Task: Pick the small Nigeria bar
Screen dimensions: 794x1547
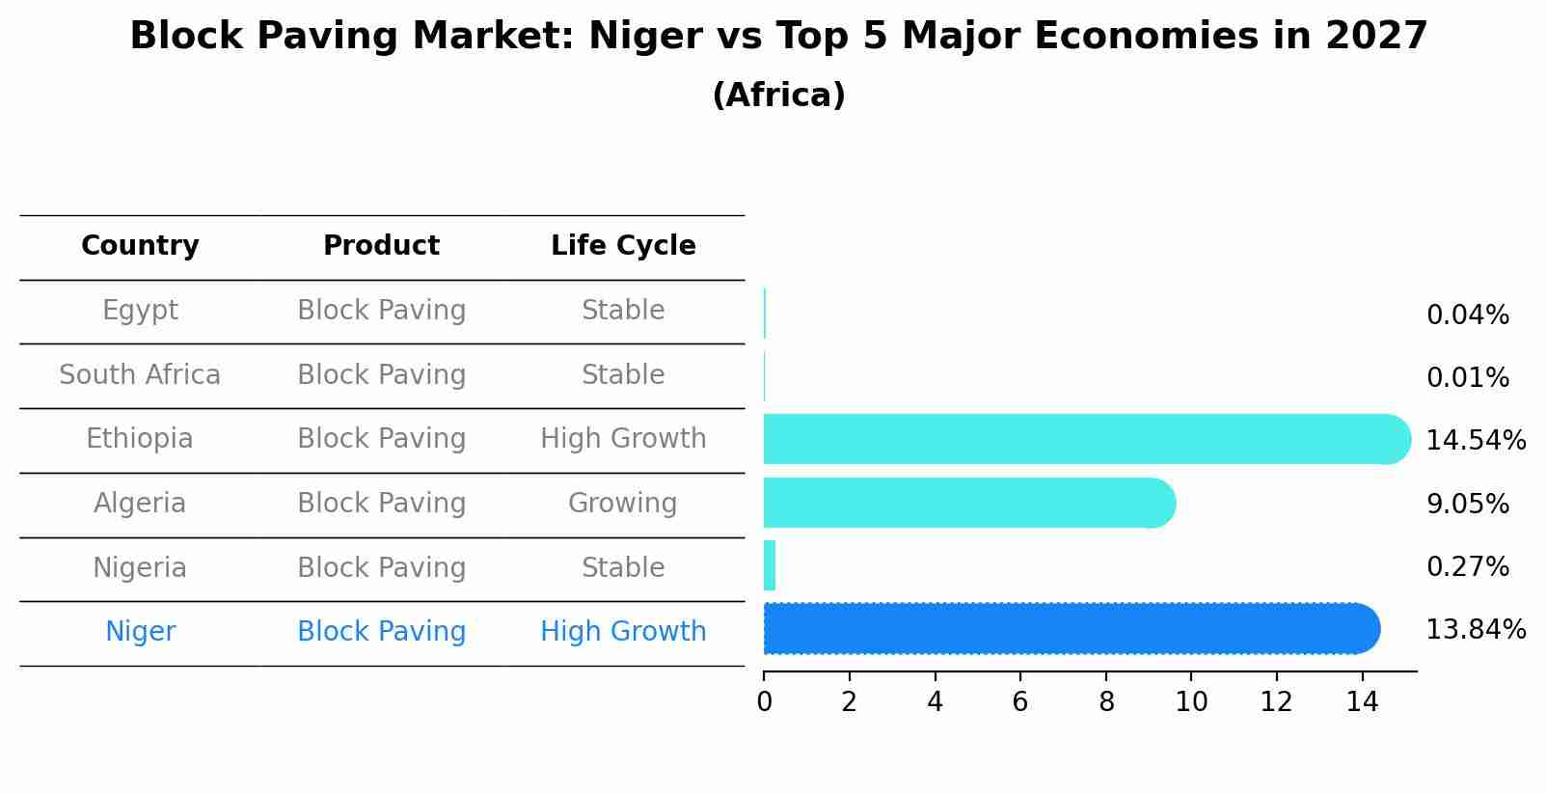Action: tap(770, 566)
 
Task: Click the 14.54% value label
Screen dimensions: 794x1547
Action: tap(1475, 441)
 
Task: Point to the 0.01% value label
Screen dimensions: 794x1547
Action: tap(1467, 378)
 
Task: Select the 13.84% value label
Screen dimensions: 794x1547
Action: tap(1475, 630)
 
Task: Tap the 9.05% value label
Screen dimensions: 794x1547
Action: tap(1467, 504)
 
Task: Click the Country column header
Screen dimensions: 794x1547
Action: tap(140, 246)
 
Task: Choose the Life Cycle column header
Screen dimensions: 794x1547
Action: tap(623, 246)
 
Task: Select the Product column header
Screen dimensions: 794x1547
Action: tap(381, 246)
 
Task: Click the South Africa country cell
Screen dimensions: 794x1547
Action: tap(140, 375)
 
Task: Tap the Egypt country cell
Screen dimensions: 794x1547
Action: tap(140, 311)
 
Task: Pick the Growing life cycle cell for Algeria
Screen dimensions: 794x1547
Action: tap(622, 504)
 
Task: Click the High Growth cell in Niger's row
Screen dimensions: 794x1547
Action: tap(623, 632)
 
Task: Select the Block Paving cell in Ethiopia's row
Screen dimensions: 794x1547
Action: tap(381, 439)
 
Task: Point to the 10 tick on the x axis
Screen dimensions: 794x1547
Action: tap(1191, 702)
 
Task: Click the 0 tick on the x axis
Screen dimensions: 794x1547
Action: tap(764, 702)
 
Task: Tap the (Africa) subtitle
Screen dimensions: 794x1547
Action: tap(778, 96)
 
